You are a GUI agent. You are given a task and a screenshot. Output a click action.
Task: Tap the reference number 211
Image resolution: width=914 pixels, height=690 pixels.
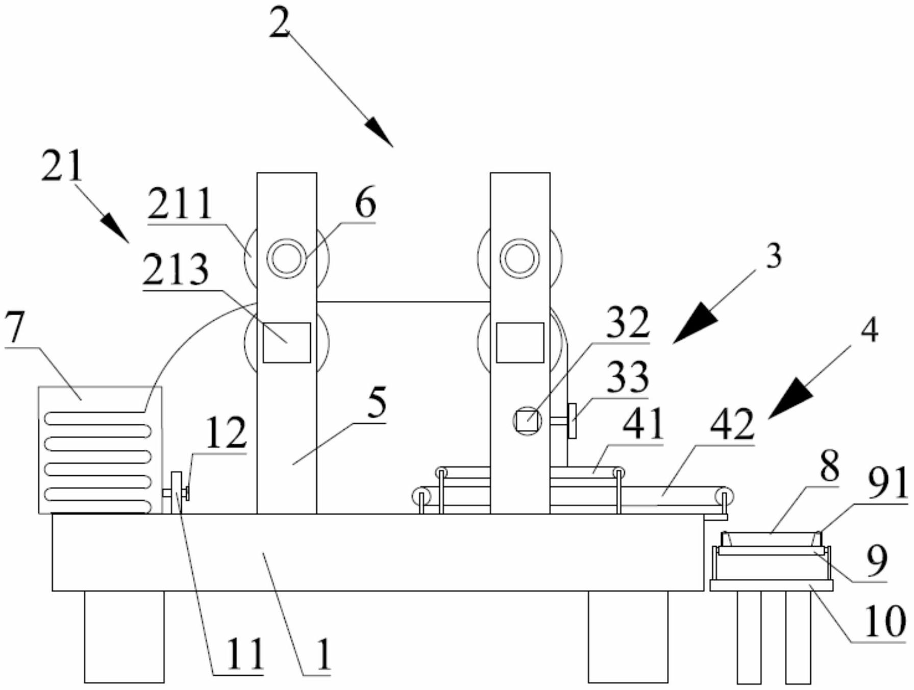coord(180,204)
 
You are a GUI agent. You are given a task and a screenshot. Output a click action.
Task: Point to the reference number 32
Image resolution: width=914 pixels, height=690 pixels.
coord(628,323)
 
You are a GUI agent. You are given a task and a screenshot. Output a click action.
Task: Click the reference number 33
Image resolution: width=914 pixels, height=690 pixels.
coord(628,377)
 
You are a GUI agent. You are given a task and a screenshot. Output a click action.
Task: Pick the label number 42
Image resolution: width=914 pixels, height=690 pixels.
coord(732,424)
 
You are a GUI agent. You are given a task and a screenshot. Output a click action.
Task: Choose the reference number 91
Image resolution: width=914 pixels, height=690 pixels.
coord(888,483)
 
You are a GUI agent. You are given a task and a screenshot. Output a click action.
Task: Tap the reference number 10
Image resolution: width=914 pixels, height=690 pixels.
coord(884,621)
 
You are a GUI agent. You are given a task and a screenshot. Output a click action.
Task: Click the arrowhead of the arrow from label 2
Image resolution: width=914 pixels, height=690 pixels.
coord(380,134)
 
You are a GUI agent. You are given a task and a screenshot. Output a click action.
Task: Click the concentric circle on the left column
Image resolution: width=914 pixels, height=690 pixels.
coord(287,259)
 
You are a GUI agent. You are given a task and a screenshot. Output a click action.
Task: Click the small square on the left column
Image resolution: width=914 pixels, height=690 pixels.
coord(287,343)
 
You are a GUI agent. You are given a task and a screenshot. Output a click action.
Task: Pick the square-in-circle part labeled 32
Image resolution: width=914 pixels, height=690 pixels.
coord(527,421)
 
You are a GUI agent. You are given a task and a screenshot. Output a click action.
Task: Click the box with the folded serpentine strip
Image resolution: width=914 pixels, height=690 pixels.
coord(100,450)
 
